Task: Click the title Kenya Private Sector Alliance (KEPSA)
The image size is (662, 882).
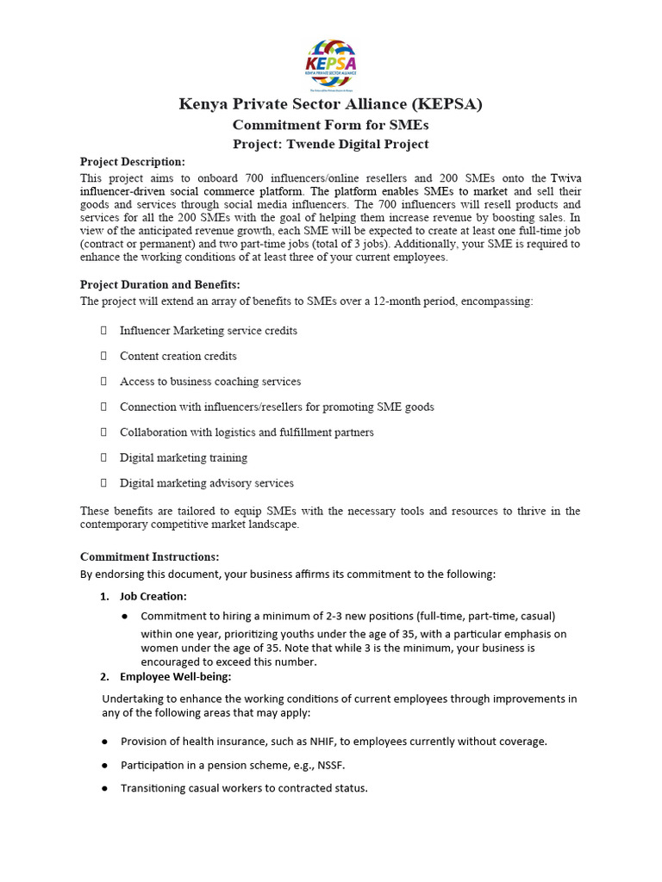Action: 331,105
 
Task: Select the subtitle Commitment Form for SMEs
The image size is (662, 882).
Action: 331,126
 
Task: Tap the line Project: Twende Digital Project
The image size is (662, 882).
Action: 331,144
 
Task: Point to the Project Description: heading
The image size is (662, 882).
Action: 132,162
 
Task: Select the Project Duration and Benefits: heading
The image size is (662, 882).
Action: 159,284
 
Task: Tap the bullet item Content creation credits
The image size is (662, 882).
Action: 178,356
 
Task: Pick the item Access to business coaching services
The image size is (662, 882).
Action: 210,382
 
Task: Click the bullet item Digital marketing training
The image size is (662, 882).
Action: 184,457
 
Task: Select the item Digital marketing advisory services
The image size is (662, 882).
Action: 207,483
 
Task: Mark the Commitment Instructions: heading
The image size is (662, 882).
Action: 149,556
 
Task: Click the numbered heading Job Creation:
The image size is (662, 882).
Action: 153,596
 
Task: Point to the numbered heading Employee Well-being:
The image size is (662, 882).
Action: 163,676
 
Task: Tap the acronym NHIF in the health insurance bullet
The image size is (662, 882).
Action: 325,741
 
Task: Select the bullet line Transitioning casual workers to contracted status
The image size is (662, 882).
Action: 244,788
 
